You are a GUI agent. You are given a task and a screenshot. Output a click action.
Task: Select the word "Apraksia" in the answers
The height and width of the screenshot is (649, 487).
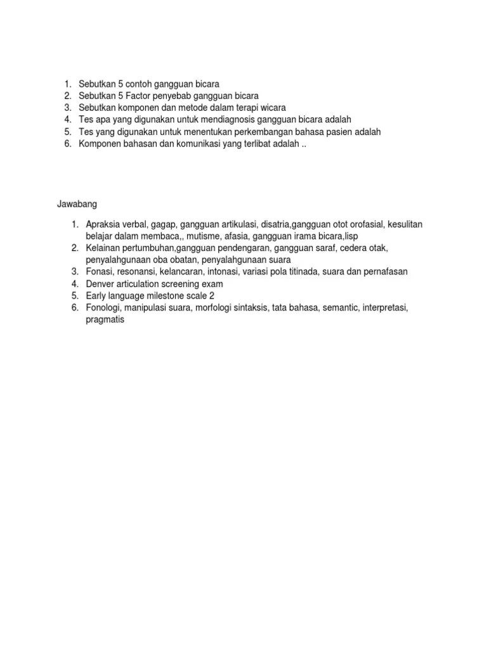[x=103, y=224]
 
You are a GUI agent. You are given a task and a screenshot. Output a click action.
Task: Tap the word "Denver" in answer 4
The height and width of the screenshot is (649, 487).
[x=100, y=284]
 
